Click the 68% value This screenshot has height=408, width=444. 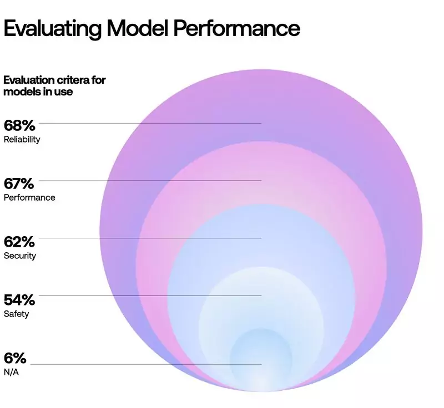point(19,126)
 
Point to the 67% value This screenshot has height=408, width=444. point(19,183)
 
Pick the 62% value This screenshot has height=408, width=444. point(19,242)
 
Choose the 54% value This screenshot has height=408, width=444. point(19,300)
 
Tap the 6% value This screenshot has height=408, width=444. point(15,358)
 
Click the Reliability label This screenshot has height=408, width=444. point(22,140)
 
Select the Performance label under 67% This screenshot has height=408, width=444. point(29,197)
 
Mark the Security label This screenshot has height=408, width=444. point(20,256)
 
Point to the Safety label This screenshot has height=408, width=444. point(16,314)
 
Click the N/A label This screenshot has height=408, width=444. point(11,372)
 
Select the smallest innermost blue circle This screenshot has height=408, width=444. point(261,358)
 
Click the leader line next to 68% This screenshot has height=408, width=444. point(150,123)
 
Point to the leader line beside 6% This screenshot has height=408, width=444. point(144,364)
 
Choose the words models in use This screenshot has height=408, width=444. point(38,92)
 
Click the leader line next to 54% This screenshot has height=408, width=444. point(150,295)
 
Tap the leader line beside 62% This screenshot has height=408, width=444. point(150,238)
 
